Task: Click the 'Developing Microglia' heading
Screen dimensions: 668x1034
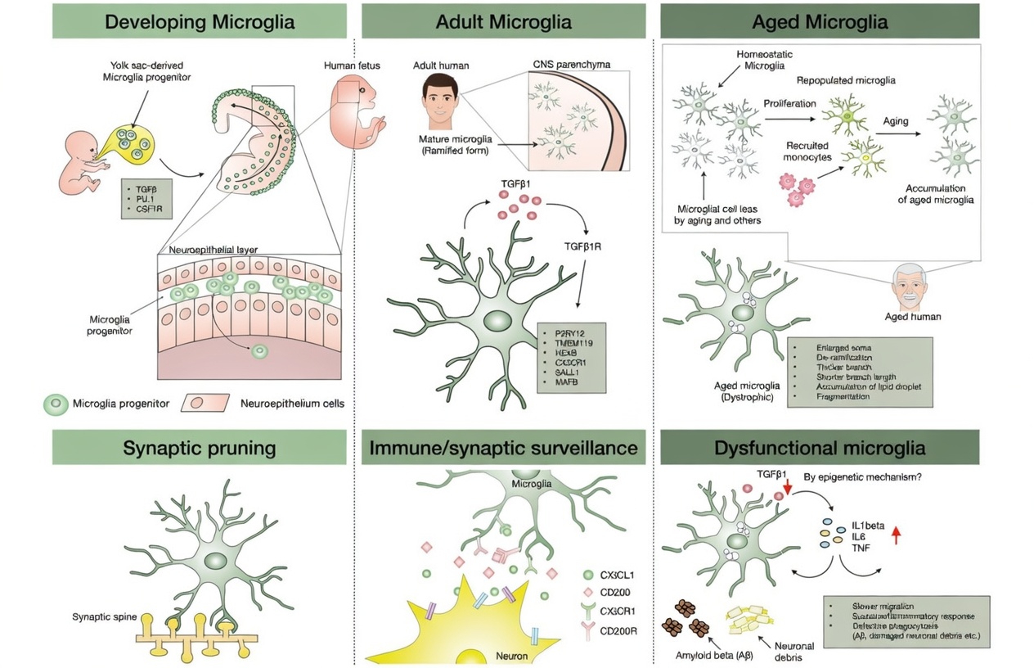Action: pyautogui.click(x=199, y=21)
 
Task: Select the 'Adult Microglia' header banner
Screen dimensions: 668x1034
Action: pyautogui.click(x=503, y=21)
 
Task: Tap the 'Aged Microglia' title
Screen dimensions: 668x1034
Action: pyautogui.click(x=819, y=21)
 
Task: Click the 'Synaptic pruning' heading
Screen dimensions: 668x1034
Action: pyautogui.click(x=199, y=448)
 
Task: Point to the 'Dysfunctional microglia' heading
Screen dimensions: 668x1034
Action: pyautogui.click(x=819, y=448)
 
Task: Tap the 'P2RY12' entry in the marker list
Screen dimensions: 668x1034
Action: pyautogui.click(x=571, y=333)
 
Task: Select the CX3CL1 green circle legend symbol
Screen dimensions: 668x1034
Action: pyautogui.click(x=589, y=575)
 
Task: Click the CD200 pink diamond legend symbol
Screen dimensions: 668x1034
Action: pyautogui.click(x=589, y=593)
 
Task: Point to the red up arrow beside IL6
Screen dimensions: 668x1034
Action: pyautogui.click(x=896, y=535)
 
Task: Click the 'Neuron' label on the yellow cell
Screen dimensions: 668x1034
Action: pyautogui.click(x=512, y=656)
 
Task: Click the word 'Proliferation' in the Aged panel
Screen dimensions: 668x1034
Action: pyautogui.click(x=789, y=103)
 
